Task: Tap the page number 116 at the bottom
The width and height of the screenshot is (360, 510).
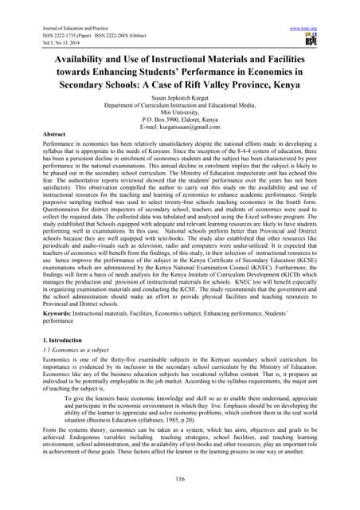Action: click(x=179, y=477)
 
